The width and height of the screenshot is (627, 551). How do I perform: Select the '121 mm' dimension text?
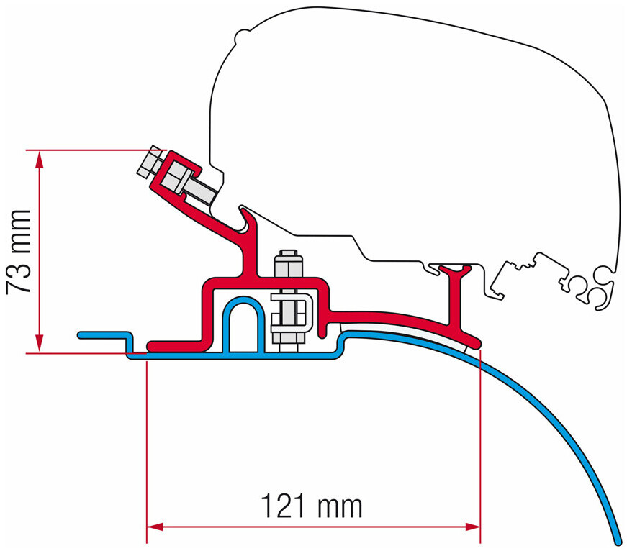tap(312, 506)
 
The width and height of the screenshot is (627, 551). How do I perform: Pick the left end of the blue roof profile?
tap(81, 334)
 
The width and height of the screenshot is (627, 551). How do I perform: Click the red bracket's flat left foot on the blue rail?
tap(173, 344)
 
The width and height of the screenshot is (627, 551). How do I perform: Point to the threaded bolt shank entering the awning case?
tap(204, 191)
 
